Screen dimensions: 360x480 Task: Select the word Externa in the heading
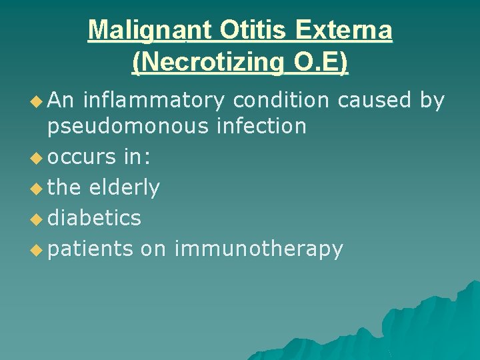pyautogui.click(x=345, y=30)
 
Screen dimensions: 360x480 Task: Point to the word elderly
pyautogui.click(x=125, y=189)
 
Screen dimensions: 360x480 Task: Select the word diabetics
pyautogui.click(x=94, y=218)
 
